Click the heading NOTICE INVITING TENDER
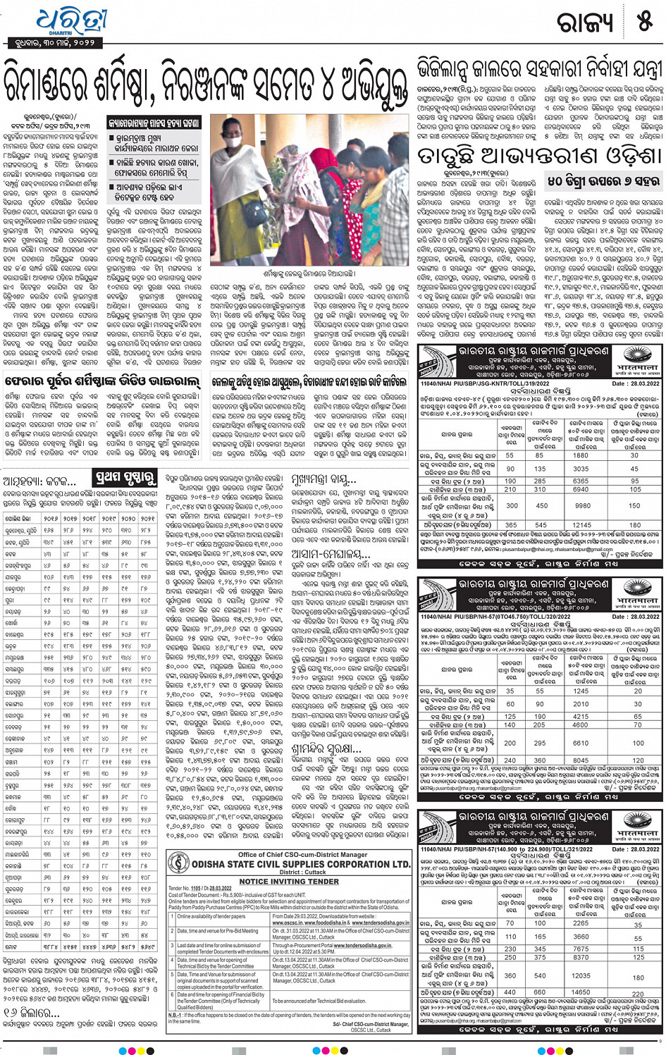tap(289, 881)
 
